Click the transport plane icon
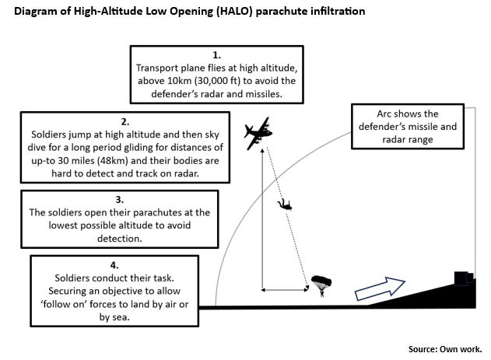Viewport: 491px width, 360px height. [259, 135]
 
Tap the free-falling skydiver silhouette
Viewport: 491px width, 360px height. [286, 205]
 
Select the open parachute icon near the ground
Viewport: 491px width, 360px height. [321, 283]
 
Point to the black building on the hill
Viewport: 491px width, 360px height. [465, 279]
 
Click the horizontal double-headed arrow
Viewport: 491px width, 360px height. [282, 289]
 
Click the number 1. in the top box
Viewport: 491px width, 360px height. [217, 55]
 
